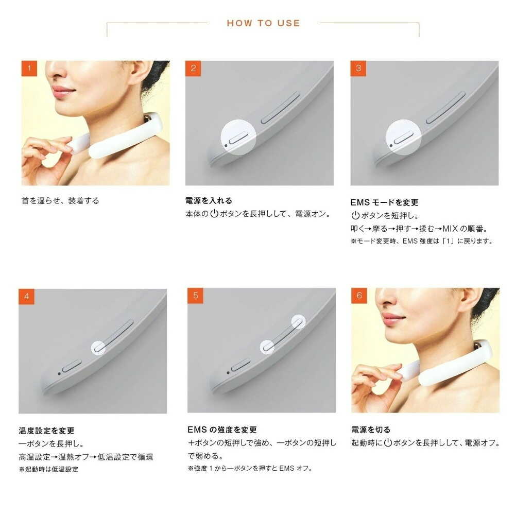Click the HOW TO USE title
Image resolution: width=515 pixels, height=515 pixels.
(263, 23)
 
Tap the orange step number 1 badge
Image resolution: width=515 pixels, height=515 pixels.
(29, 68)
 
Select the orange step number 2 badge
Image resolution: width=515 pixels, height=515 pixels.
(193, 68)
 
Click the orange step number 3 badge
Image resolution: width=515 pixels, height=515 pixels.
(358, 68)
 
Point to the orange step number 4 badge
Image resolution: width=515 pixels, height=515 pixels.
(27, 297)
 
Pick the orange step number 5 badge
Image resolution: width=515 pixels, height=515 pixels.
(195, 296)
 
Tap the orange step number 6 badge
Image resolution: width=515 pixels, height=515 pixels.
(359, 296)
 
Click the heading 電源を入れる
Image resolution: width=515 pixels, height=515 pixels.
(209, 201)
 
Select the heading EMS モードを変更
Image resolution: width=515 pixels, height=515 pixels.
(384, 202)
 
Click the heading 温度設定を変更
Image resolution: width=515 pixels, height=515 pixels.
(47, 431)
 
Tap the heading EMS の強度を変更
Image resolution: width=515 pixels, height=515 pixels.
(222, 430)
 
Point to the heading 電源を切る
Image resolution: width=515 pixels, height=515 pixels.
(371, 430)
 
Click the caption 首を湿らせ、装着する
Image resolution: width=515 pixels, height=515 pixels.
(60, 201)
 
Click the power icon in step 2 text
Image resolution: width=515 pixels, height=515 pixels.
(214, 214)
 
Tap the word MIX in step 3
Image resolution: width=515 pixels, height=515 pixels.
(450, 229)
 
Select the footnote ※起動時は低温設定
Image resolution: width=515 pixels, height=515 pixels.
(48, 469)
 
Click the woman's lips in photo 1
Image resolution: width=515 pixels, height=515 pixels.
(62, 91)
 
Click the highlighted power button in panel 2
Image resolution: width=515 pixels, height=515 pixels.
(238, 138)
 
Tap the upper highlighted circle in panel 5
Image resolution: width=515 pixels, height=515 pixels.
(298, 322)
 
